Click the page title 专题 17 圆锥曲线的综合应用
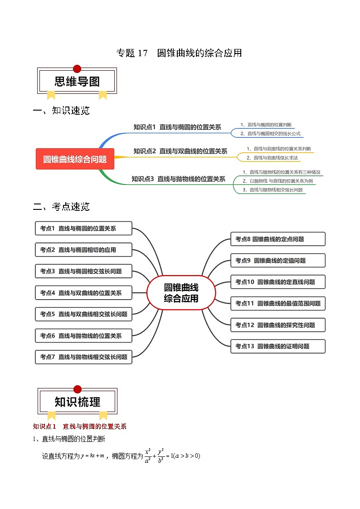pos(179,53)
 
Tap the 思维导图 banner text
pos(77,82)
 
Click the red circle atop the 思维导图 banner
pos(77,69)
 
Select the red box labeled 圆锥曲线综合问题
pos(75,159)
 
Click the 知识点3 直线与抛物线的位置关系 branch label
pos(178,179)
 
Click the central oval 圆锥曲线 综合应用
pos(181,293)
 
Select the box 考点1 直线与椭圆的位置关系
pos(83,228)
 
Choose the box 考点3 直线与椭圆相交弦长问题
pos(83,271)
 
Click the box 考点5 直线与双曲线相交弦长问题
pos(83,314)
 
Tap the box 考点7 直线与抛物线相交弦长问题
pos(83,357)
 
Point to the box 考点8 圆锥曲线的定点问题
pos(278,239)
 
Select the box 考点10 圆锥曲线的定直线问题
pos(278,282)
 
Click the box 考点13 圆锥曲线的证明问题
pos(278,346)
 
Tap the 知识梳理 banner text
pos(78,402)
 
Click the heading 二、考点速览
pos(62,207)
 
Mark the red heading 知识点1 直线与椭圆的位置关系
pos(80,427)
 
